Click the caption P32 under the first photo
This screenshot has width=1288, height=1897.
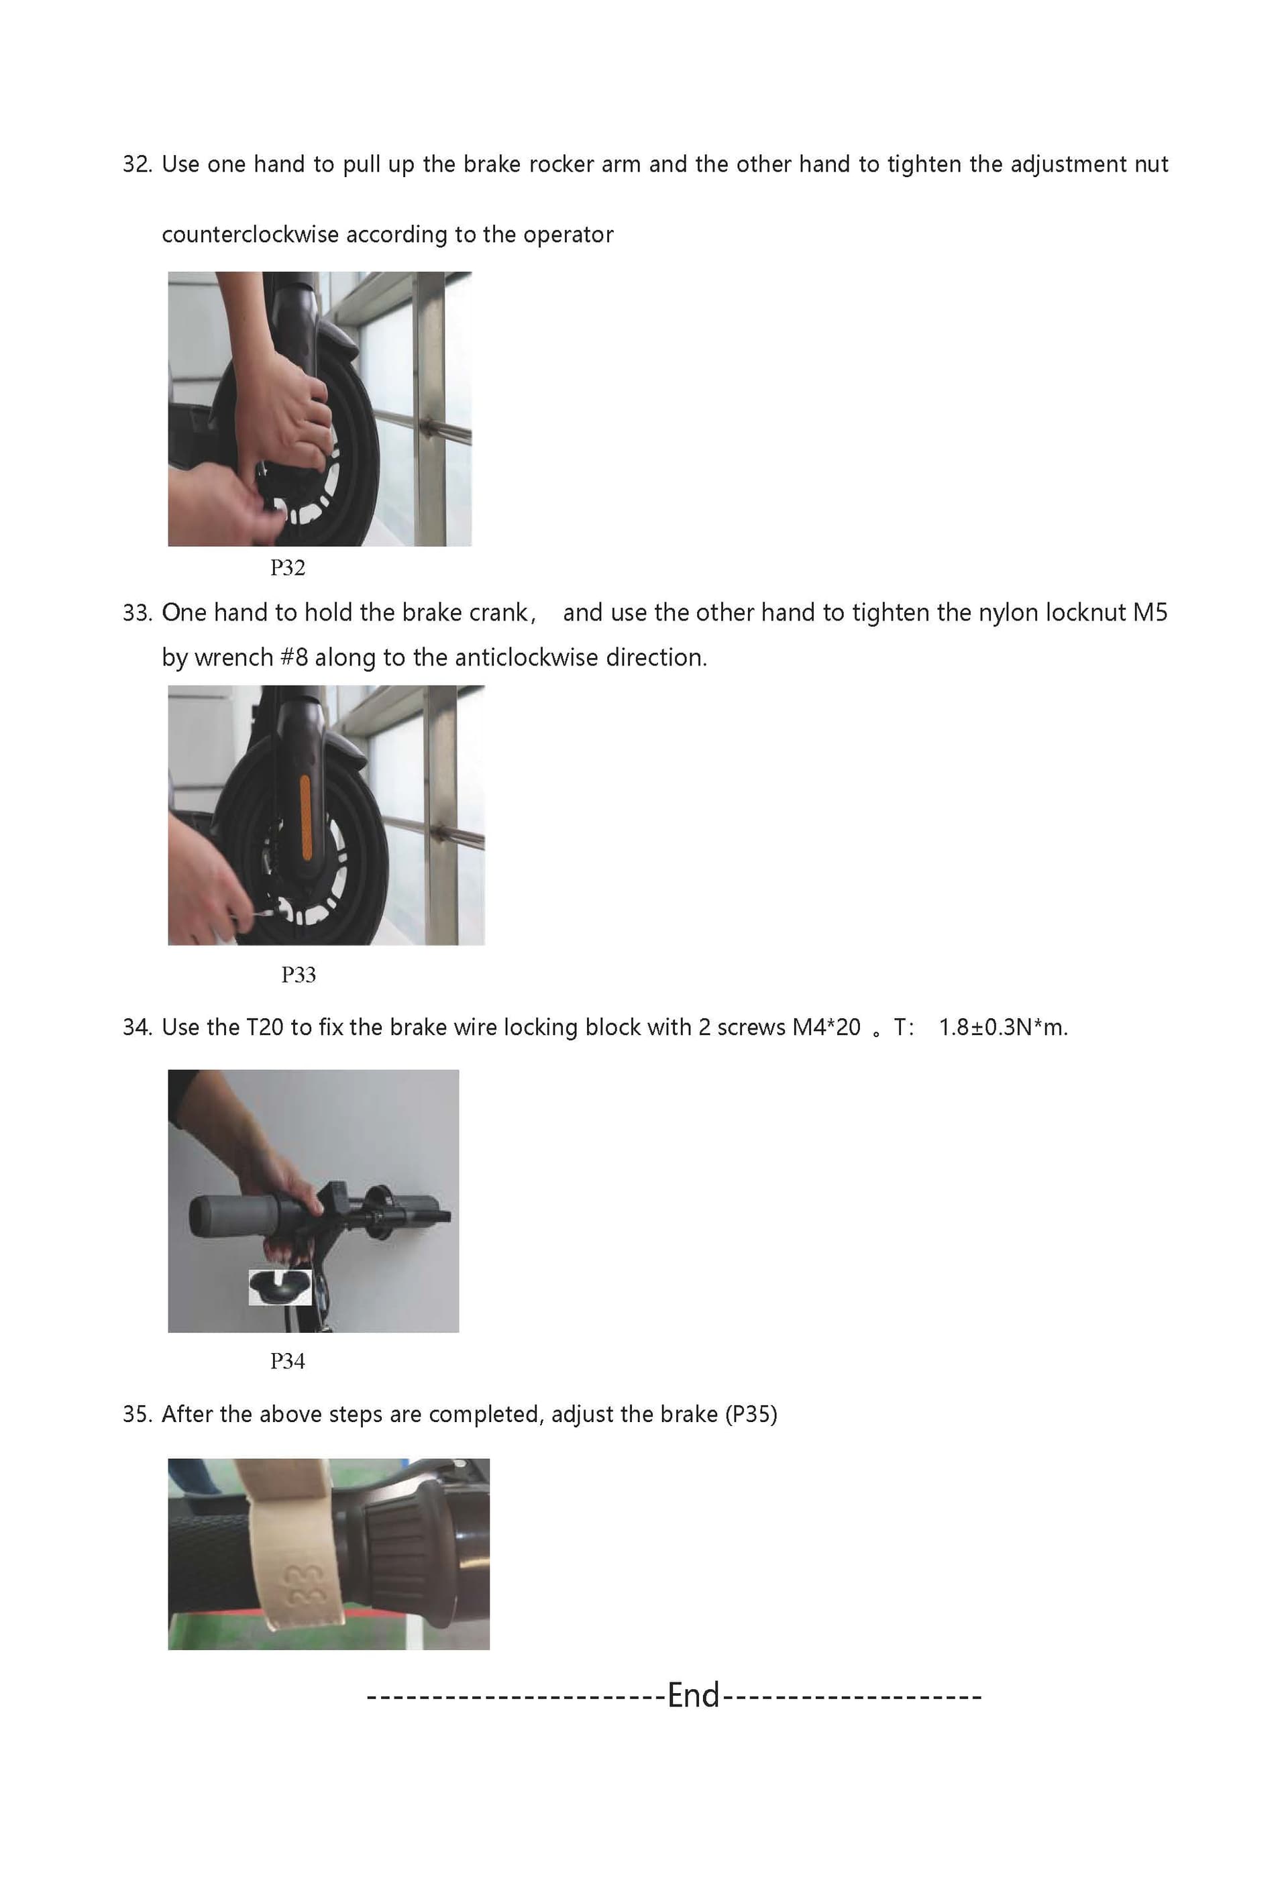287,567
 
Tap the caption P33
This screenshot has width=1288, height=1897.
298,974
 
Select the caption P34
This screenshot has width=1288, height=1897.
287,1361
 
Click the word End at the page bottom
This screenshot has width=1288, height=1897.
693,1695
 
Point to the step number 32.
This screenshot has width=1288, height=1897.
137,165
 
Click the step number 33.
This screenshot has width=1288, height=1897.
137,613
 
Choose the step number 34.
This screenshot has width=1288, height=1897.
137,1028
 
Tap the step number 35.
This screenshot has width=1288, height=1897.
137,1415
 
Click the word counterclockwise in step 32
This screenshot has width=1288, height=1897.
250,235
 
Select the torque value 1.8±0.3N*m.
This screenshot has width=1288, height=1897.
1003,1028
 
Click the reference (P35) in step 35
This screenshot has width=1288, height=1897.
751,1415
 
